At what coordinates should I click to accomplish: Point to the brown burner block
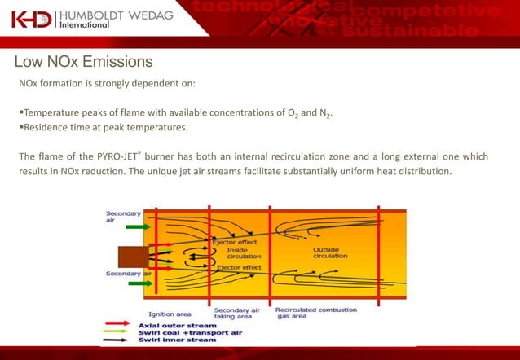click(131, 256)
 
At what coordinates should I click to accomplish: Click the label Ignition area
click(170, 314)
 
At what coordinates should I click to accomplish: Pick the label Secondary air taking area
click(236, 314)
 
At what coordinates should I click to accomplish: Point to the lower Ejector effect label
click(239, 267)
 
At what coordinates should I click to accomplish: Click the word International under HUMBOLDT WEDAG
click(86, 26)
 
